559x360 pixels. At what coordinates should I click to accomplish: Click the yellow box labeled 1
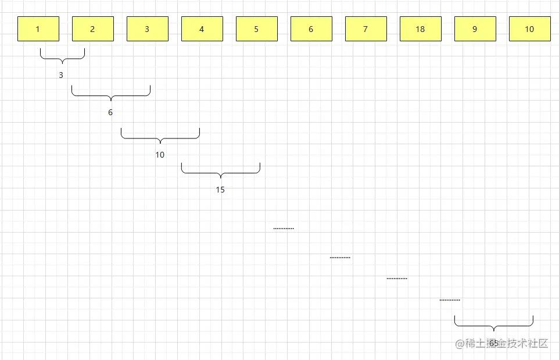tap(38, 29)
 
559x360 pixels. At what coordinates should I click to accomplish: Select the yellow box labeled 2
tap(93, 29)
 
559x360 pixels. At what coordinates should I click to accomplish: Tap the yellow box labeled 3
tap(148, 29)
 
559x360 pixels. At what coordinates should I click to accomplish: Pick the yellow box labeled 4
tap(202, 29)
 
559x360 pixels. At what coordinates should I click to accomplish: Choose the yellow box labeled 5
tap(257, 29)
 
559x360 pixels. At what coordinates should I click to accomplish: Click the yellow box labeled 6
tap(311, 29)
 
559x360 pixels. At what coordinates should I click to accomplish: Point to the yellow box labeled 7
tap(366, 29)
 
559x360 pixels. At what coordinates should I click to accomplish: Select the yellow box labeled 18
tap(421, 29)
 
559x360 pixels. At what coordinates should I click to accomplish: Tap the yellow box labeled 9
tap(475, 29)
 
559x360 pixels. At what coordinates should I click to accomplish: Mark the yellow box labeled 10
tap(530, 29)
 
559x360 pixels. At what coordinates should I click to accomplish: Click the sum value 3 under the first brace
tap(61, 75)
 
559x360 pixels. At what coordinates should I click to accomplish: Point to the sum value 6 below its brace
tap(110, 112)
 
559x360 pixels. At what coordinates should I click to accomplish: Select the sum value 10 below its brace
tap(160, 155)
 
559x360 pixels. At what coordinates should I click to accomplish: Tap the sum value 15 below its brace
tap(220, 190)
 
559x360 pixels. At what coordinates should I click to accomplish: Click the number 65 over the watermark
tap(494, 343)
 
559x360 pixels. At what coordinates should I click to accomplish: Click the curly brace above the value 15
tap(221, 173)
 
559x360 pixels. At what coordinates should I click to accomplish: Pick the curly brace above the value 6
tap(111, 96)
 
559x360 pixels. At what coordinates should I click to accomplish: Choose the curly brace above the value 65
tap(494, 326)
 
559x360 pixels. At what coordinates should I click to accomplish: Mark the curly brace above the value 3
tap(62, 59)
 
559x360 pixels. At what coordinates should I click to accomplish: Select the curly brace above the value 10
tap(160, 138)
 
